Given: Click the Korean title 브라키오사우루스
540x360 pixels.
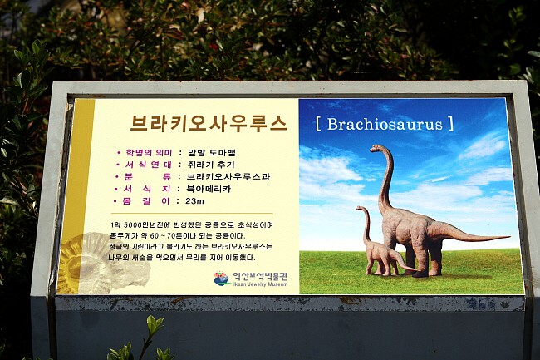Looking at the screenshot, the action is point(209,123).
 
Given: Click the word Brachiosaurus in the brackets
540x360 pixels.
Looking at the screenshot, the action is point(385,125).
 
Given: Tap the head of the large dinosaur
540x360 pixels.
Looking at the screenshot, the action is point(376,148).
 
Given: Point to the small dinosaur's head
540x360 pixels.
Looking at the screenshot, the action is point(360,208).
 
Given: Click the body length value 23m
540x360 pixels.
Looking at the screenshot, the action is point(194,201).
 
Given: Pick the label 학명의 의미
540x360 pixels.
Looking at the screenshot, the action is point(149,153).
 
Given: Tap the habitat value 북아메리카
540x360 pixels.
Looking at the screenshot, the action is point(209,189).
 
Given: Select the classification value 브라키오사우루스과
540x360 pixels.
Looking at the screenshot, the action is point(228,177).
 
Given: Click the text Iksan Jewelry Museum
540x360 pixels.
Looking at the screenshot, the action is point(260,284).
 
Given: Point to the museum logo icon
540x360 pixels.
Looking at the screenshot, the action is point(222,279).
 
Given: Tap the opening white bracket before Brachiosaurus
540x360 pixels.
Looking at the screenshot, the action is point(318,124).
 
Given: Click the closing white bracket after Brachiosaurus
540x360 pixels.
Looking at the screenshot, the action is point(451,124).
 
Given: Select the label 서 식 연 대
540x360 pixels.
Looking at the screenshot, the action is point(149,165).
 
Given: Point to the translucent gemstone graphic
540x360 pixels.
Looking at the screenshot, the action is point(103,264).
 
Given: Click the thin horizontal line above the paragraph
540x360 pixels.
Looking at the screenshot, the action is point(192,213).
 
